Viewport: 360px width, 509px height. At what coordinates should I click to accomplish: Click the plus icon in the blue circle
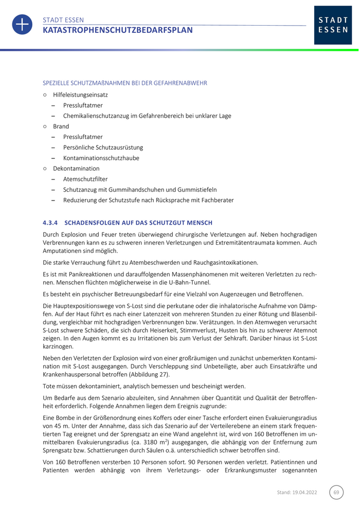(x=22, y=25)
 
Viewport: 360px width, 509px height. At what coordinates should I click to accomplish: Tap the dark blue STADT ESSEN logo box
(x=333, y=25)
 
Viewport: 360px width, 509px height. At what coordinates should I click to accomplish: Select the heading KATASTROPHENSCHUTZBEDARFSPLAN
(x=118, y=30)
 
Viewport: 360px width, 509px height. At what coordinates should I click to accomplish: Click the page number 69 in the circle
(x=336, y=492)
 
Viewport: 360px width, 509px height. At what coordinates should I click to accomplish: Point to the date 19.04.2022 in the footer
(x=305, y=492)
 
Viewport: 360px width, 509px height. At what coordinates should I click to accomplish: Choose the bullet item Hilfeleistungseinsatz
(x=80, y=95)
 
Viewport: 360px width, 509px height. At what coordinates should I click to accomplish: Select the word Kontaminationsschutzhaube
(x=101, y=158)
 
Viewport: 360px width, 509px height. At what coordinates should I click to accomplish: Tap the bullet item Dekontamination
(x=76, y=168)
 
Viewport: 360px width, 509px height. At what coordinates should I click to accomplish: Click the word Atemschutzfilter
(x=85, y=179)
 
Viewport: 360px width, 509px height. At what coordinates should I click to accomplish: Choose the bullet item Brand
(x=61, y=126)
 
